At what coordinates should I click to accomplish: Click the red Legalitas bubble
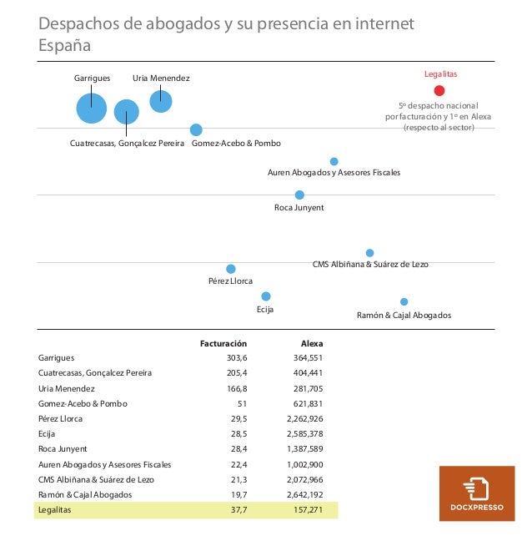(x=439, y=91)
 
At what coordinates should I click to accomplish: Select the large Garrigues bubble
(x=92, y=109)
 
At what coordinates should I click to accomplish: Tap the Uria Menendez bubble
(x=161, y=101)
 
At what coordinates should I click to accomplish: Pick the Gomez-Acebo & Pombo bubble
(x=196, y=130)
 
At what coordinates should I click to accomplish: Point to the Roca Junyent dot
(x=299, y=195)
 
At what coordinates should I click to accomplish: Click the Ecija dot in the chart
(x=266, y=296)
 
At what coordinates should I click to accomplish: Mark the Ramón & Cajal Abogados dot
(x=404, y=302)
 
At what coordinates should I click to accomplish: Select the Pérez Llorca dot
(x=231, y=269)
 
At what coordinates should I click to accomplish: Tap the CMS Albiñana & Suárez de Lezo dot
(x=369, y=253)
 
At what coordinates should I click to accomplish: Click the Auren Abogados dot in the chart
(x=334, y=161)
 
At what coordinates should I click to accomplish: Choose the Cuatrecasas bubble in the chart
(x=127, y=112)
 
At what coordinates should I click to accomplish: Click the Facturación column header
(x=223, y=343)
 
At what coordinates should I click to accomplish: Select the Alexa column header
(x=312, y=343)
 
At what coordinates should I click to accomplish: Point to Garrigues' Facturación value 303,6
(x=237, y=358)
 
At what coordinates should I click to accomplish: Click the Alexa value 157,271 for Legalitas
(x=308, y=510)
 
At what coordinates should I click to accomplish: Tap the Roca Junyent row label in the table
(x=63, y=449)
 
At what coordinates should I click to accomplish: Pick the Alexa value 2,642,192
(x=305, y=494)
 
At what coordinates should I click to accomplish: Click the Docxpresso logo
(x=477, y=493)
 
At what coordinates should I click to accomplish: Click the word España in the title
(x=64, y=45)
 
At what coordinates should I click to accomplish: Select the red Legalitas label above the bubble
(x=440, y=73)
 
